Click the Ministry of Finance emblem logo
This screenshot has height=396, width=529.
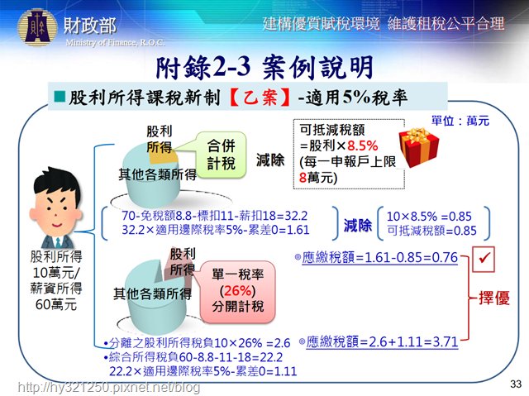(37, 27)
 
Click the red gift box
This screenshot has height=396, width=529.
(419, 147)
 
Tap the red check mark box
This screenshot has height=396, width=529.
(483, 259)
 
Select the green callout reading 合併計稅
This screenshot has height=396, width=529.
(221, 155)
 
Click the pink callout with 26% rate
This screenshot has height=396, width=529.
(238, 291)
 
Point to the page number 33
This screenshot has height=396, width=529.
(516, 384)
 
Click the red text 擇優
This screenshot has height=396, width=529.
(494, 298)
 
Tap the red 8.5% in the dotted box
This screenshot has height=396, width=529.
(362, 146)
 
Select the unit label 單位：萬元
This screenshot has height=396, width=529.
(460, 121)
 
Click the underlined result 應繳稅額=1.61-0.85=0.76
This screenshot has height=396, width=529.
(379, 258)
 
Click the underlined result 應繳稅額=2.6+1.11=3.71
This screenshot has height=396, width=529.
(382, 342)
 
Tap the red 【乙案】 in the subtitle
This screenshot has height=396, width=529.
(260, 98)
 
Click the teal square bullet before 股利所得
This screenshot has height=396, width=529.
(60, 97)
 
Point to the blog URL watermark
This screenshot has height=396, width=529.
(108, 387)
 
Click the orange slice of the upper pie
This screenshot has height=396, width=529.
(164, 155)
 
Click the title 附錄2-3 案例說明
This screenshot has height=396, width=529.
(264, 68)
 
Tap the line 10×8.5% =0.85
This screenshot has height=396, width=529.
(429, 217)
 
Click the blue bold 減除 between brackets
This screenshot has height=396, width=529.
(358, 225)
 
